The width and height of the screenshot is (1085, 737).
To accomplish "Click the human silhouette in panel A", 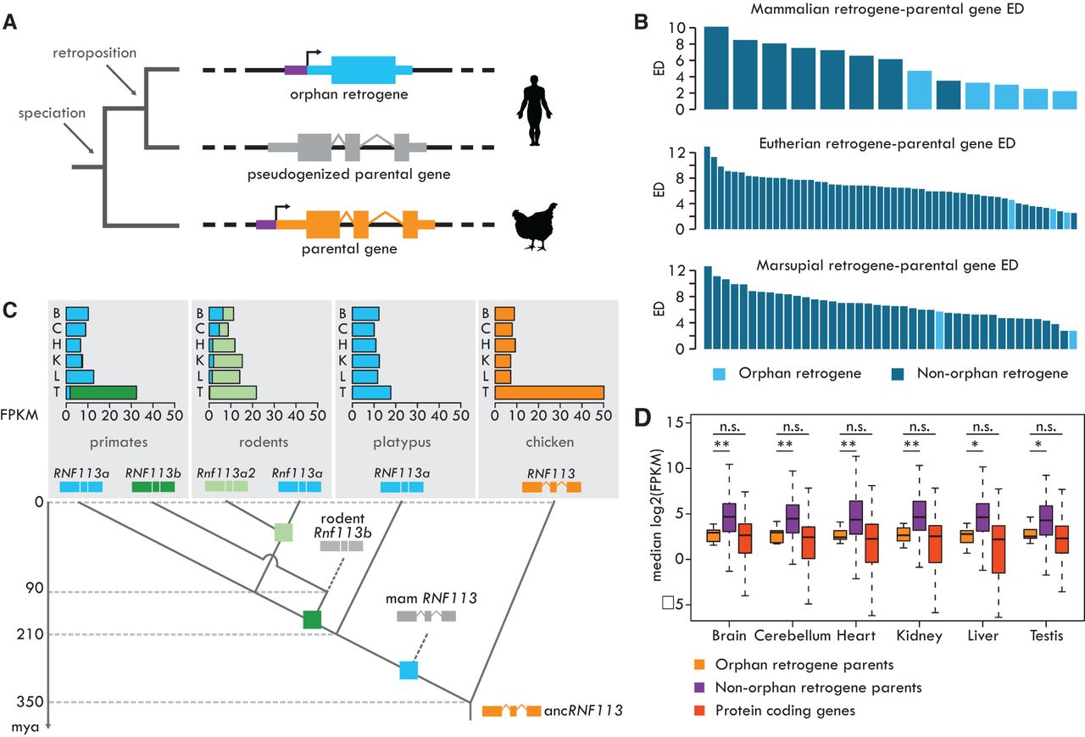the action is (534, 110).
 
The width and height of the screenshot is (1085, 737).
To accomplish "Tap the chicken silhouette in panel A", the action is (535, 226).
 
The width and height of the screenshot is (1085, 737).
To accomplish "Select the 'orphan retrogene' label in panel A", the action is (348, 94).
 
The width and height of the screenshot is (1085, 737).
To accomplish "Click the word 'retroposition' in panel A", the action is (94, 53).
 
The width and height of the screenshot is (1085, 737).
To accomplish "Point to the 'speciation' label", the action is (52, 113).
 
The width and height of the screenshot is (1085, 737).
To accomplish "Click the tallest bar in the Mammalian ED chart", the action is (716, 68).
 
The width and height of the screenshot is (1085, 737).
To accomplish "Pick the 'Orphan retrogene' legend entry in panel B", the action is (787, 373).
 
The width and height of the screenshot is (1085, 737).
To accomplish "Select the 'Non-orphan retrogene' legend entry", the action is (980, 373).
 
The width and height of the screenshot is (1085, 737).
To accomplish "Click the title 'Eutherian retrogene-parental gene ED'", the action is (887, 143).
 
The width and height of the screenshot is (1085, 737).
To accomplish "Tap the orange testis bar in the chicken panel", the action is (549, 393).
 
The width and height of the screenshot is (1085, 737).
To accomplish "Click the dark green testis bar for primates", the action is (103, 393).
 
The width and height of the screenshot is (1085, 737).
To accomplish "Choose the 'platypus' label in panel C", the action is (402, 442).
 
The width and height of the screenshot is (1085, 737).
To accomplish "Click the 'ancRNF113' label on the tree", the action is (583, 711).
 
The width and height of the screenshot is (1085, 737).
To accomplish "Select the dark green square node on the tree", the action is (312, 620).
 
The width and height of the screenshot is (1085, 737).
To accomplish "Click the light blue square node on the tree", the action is (409, 670).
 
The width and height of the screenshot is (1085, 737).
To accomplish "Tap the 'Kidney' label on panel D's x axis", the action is (920, 635).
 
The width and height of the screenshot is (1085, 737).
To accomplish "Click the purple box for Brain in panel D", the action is (729, 517).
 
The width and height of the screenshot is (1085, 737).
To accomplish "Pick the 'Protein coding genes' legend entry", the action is (774, 711).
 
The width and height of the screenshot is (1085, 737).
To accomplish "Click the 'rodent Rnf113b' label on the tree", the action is (342, 526).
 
